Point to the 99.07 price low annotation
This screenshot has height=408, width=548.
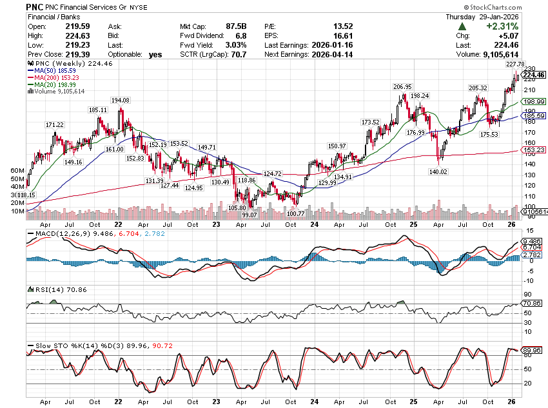pyautogui.click(x=250, y=214)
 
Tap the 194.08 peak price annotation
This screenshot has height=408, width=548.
pyautogui.click(x=121, y=101)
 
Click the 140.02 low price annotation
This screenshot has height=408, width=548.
pyautogui.click(x=438, y=172)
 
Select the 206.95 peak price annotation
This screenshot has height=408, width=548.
pyautogui.click(x=402, y=86)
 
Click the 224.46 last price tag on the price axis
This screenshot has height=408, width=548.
pyautogui.click(x=535, y=75)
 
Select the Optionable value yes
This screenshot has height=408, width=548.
pyautogui.click(x=155, y=55)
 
